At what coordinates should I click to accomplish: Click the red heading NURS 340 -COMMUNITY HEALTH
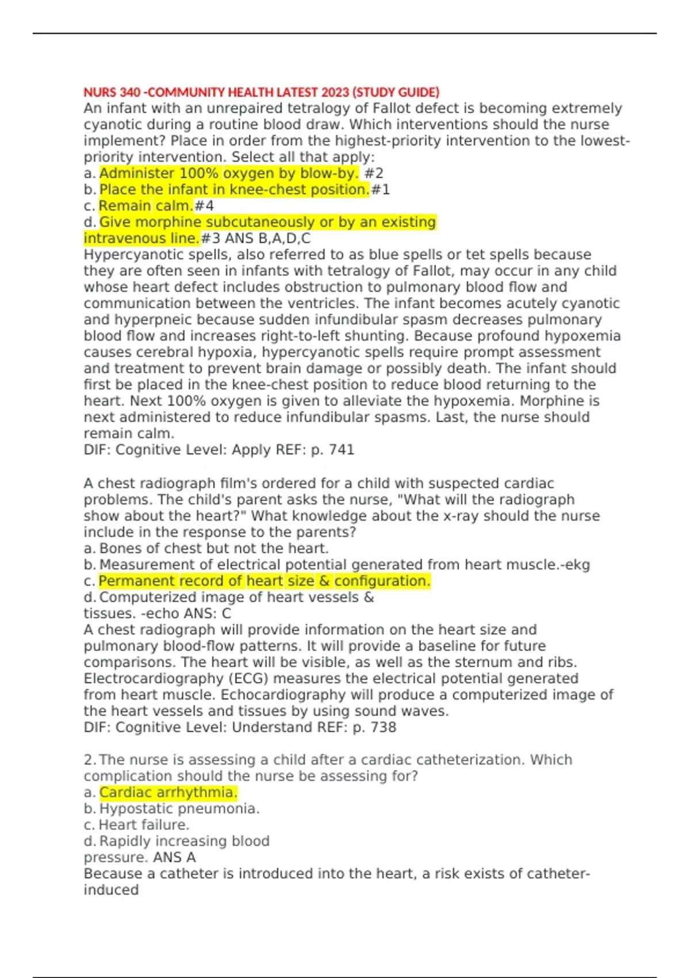(x=261, y=92)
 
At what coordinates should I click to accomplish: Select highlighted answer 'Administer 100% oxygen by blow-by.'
(x=229, y=173)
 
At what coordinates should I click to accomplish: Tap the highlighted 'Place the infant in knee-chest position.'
(x=234, y=189)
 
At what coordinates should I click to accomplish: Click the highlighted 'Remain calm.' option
(x=146, y=205)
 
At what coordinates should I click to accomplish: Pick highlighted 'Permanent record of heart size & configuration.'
(x=264, y=581)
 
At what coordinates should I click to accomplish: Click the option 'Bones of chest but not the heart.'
(x=214, y=548)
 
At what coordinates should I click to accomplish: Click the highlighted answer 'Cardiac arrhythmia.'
(x=168, y=792)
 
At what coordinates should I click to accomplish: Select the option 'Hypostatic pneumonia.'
(x=179, y=808)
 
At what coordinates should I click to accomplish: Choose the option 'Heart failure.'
(x=144, y=824)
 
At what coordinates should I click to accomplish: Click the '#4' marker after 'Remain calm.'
(x=204, y=205)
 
